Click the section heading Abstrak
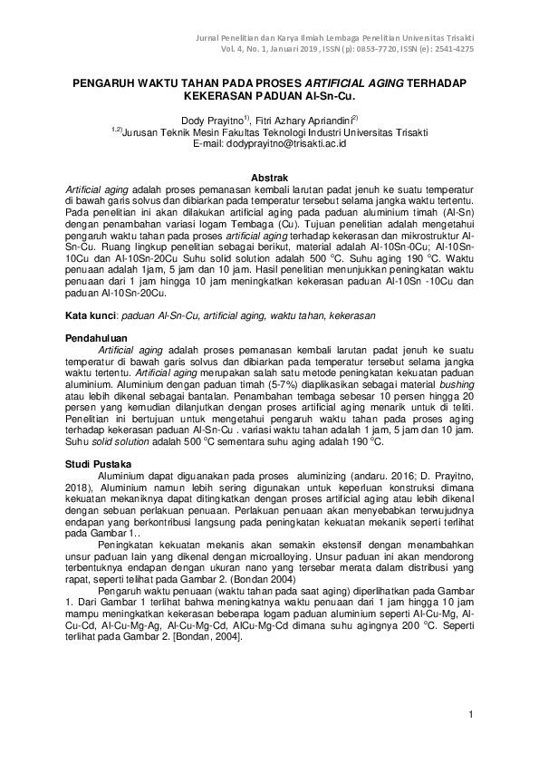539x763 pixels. [x=269, y=177]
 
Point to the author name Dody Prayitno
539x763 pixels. [x=214, y=119]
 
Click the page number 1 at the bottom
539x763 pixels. [x=471, y=716]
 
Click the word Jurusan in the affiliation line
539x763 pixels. [x=142, y=131]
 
